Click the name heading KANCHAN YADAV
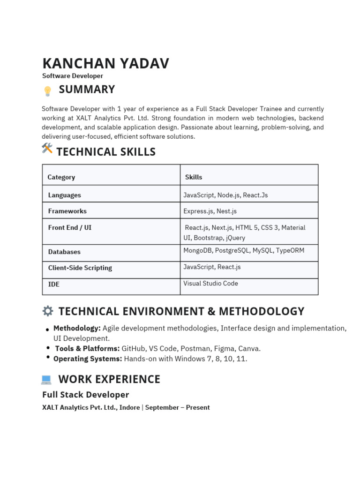[x=105, y=63]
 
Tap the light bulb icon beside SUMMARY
[x=47, y=91]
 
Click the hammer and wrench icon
[x=47, y=149]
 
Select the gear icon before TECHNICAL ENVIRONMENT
[x=47, y=311]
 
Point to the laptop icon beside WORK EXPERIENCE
[x=46, y=379]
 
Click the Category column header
[x=61, y=177]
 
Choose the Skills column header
[x=194, y=177]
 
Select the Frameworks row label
[x=67, y=211]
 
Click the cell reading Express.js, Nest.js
[x=210, y=211]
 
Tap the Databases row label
[x=64, y=252]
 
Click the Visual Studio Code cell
[x=210, y=283]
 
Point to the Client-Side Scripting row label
[x=80, y=268]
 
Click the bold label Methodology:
[x=77, y=328]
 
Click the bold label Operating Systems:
[x=88, y=359]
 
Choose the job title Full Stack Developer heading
[x=85, y=395]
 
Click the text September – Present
[x=177, y=407]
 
